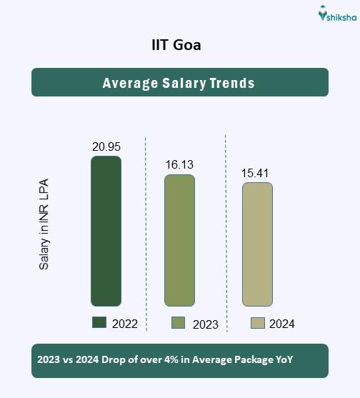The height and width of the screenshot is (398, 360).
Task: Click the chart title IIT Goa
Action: click(x=179, y=46)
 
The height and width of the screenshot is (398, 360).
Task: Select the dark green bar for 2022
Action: click(x=106, y=231)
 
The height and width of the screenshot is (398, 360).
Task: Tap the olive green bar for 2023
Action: click(x=179, y=240)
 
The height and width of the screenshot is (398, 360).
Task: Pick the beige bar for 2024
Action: click(x=257, y=244)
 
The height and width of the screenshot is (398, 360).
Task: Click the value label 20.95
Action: click(x=106, y=146)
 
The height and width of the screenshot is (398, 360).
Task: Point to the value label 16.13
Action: click(x=179, y=165)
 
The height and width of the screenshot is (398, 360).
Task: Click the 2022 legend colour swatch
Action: click(x=99, y=323)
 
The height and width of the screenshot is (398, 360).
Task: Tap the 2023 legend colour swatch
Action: click(x=179, y=323)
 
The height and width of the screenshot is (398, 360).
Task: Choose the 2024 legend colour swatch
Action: click(x=258, y=323)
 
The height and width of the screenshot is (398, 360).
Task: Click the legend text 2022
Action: click(x=124, y=324)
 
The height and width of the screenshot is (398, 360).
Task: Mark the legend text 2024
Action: click(x=282, y=324)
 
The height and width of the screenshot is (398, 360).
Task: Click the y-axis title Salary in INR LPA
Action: click(x=44, y=224)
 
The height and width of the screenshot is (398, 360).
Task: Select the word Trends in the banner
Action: click(x=232, y=83)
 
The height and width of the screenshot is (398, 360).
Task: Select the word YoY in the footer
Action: click(x=283, y=360)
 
